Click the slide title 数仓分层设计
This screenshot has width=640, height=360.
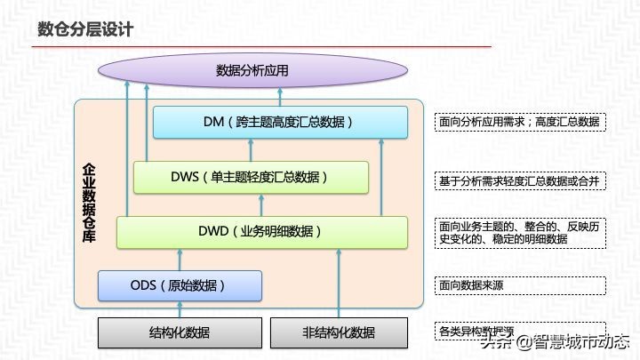[85, 29]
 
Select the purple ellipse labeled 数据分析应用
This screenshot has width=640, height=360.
[252, 70]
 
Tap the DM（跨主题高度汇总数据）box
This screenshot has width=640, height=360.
[280, 122]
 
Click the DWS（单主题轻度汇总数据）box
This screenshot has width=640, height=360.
[251, 177]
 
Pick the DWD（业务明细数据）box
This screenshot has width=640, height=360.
[261, 231]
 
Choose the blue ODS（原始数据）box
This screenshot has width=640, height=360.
[180, 285]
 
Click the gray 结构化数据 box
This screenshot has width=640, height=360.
[180, 333]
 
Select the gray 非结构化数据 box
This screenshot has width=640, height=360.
[339, 333]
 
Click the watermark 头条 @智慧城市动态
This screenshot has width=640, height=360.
[556, 341]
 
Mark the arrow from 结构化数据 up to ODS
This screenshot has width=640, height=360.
[180, 309]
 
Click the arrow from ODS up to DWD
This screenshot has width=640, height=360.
[180, 259]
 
